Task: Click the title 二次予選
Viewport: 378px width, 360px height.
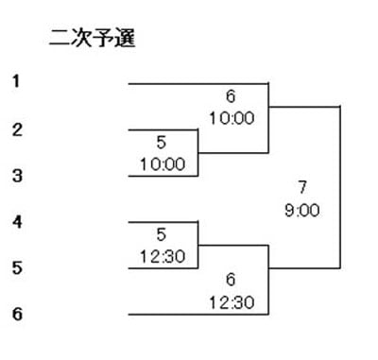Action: [93, 38]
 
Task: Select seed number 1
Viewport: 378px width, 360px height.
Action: [16, 81]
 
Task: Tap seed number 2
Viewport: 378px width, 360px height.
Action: [17, 129]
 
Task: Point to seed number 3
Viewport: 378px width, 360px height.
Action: [17, 176]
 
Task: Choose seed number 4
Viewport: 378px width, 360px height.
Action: [17, 222]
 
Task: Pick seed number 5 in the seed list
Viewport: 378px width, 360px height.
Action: [17, 267]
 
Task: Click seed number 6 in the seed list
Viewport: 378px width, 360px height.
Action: [17, 314]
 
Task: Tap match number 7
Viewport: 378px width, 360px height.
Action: [302, 187]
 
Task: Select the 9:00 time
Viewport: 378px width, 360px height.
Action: [302, 210]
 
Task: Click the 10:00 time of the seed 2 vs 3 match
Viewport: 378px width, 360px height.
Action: [163, 164]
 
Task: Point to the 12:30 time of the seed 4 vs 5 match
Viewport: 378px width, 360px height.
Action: [163, 257]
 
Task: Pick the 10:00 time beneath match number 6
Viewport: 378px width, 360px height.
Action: [232, 118]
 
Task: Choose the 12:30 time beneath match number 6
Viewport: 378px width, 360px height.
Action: [232, 302]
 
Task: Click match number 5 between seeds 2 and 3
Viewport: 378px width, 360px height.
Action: [161, 142]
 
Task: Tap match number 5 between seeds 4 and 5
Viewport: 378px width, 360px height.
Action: [161, 234]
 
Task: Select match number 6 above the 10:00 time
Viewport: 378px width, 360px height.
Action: [231, 96]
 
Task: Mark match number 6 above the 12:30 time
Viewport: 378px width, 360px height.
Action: [231, 280]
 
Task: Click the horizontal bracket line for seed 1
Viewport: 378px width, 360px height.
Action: [198, 84]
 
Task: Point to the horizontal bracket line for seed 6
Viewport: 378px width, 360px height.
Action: [198, 315]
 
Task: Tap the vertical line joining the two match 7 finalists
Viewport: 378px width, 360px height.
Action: [340, 188]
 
